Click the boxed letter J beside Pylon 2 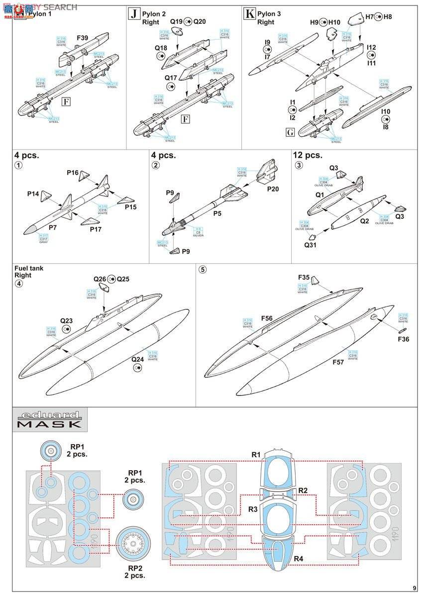tap(134, 14)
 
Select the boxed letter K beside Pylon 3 tap(249, 14)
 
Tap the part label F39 tap(83, 38)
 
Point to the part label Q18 tap(161, 48)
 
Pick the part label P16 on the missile tap(73, 173)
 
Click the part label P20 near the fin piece tap(272, 189)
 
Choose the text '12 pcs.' tap(307, 155)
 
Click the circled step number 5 tap(202, 270)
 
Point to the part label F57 tap(338, 362)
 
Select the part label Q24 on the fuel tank tap(137, 358)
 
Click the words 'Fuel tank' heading tap(29, 268)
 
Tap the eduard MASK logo tap(50, 419)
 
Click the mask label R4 tap(298, 559)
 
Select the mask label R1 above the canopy tap(256, 454)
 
